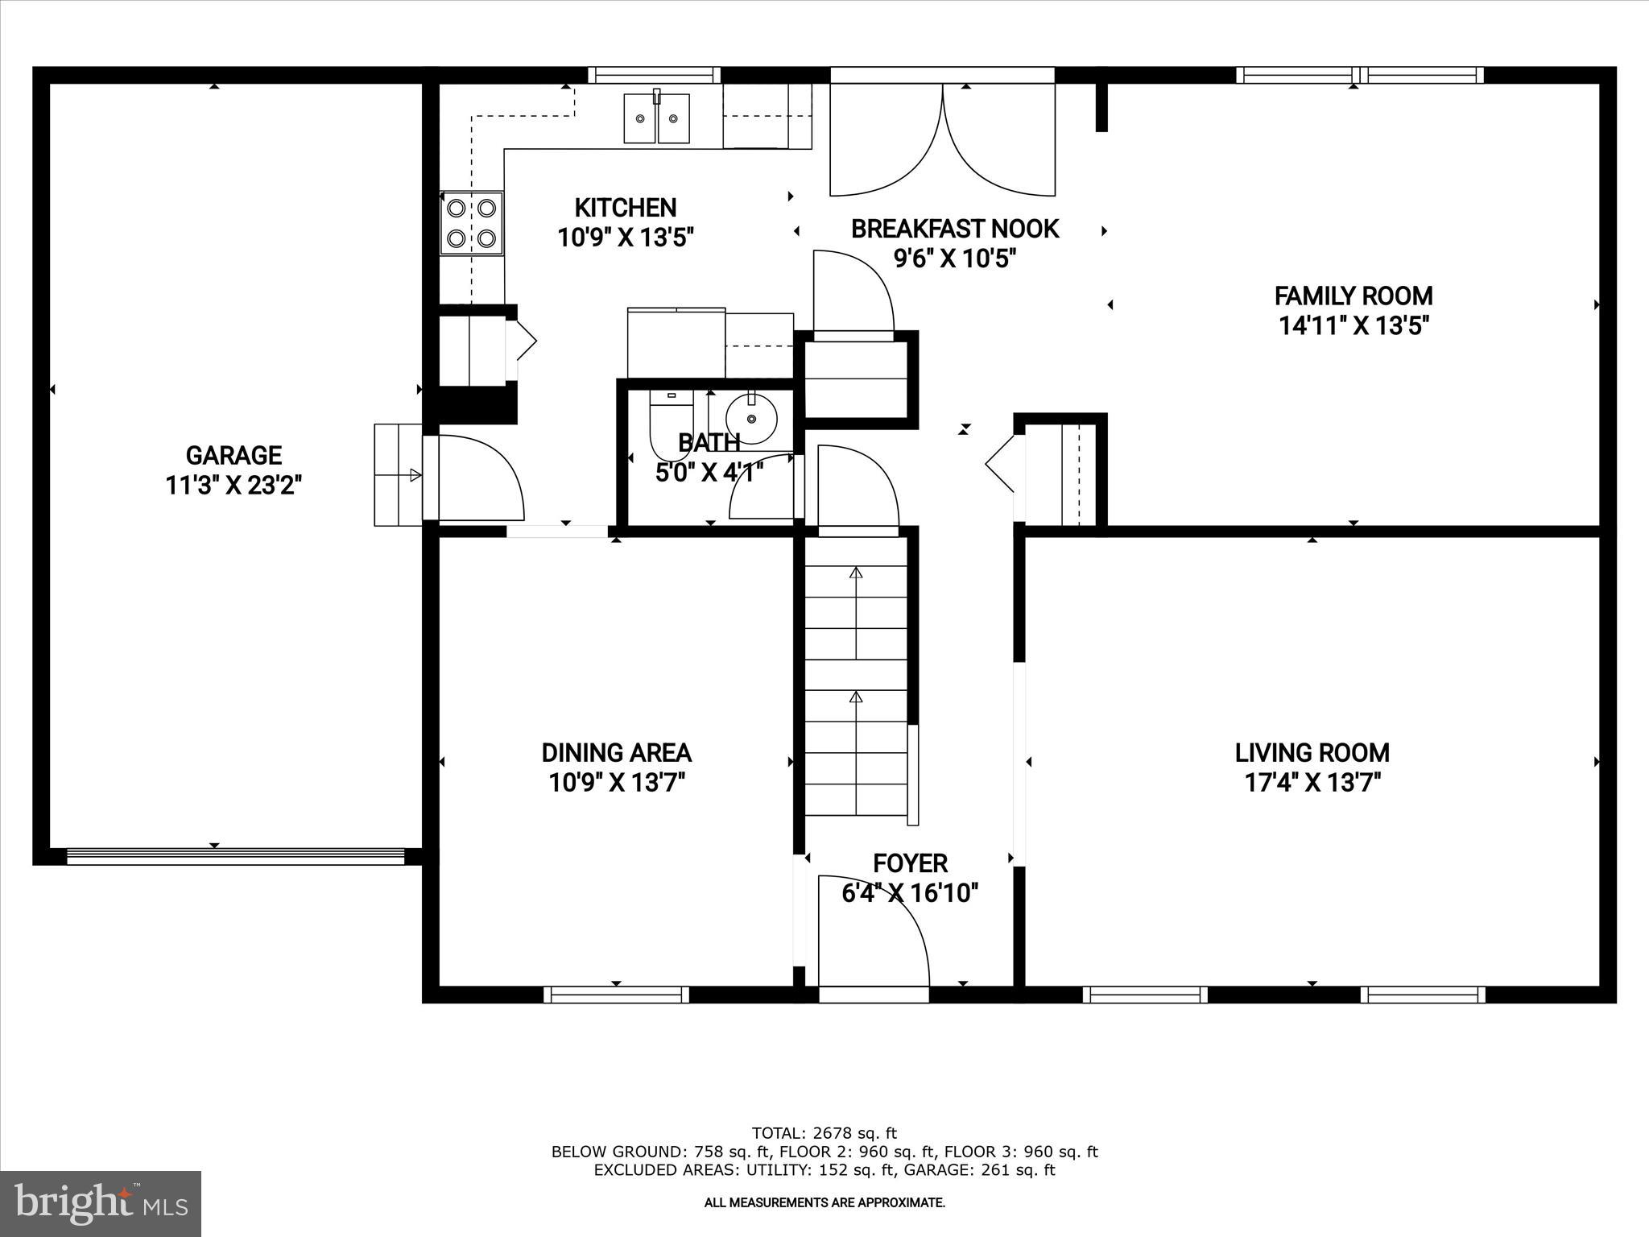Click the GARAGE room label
(x=234, y=456)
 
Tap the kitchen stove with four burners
(x=471, y=223)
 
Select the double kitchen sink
(x=657, y=118)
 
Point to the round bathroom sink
(x=751, y=419)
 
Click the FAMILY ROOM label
(x=1353, y=296)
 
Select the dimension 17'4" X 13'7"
(x=1312, y=783)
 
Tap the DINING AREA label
(x=616, y=753)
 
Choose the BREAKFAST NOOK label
(x=954, y=230)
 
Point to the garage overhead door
(x=235, y=857)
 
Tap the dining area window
(x=616, y=995)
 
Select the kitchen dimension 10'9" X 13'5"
(x=626, y=238)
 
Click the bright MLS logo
(x=101, y=1203)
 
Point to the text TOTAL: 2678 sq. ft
(x=824, y=1134)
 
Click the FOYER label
(x=910, y=863)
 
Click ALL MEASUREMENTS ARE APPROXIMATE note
(x=824, y=1203)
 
